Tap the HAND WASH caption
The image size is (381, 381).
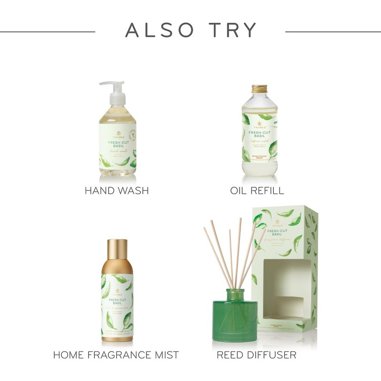117,191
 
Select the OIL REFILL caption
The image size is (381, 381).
257,191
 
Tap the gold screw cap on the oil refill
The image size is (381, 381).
260,89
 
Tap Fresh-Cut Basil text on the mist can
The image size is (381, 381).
117,302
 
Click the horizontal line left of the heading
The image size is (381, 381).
48,32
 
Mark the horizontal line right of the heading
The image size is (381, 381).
333,32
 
